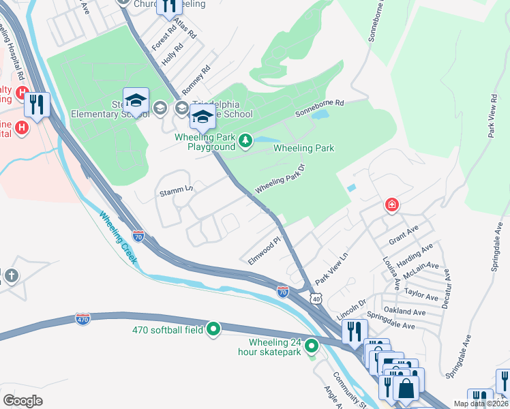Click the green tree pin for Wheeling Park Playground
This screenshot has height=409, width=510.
click(245, 142)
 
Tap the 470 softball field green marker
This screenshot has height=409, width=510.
click(213, 330)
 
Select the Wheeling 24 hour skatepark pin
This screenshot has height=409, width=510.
click(312, 346)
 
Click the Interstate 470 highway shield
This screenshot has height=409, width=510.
click(81, 319)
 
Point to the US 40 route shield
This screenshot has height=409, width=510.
click(314, 299)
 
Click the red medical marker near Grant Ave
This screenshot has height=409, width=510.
click(391, 204)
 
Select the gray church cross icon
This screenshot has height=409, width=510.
click(11, 276)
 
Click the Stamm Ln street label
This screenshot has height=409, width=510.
click(175, 187)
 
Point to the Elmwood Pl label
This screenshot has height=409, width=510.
click(265, 251)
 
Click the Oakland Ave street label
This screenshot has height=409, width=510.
click(404, 311)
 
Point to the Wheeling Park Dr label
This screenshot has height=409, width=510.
click(279, 179)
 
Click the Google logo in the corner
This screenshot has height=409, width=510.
click(23, 400)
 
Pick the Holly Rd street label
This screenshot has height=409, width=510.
click(172, 55)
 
